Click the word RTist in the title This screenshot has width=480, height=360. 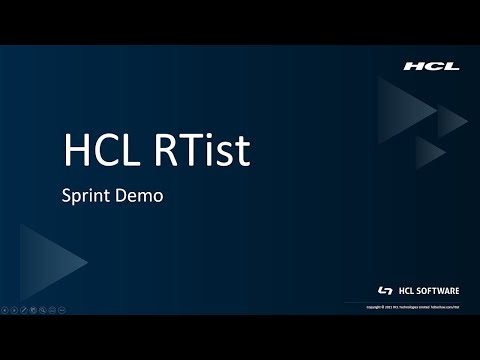tap(205, 151)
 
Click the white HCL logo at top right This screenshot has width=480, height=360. tap(431, 66)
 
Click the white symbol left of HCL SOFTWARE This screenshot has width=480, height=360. tap(385, 290)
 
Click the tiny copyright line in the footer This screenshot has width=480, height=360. tap(413, 307)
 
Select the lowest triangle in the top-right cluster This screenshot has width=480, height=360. tap(427, 152)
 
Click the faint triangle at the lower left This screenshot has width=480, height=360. tap(46, 261)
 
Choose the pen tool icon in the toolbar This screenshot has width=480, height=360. tap(24, 309)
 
